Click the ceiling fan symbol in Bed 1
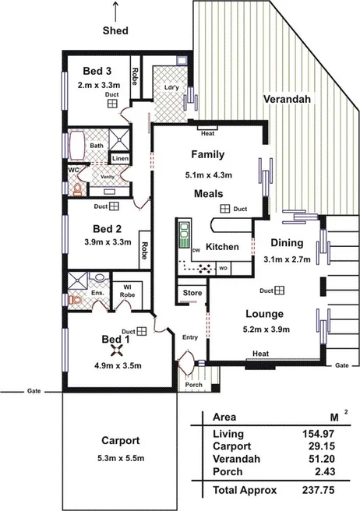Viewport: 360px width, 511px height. pos(116,351)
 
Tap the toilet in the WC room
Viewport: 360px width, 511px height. pos(78,189)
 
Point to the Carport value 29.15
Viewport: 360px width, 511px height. pos(322,446)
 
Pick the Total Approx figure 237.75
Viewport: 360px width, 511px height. pos(318,490)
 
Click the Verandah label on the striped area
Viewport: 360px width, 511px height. pos(287,99)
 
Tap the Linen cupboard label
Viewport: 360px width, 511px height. pos(120,159)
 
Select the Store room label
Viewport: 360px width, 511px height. pos(192,293)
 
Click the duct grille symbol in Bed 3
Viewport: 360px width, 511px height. pos(112,104)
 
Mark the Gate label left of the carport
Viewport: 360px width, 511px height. pos(34,391)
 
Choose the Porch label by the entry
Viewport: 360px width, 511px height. pos(194,385)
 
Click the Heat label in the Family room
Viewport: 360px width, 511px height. pos(208,133)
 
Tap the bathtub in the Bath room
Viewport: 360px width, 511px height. pos(77,146)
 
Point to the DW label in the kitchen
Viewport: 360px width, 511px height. pos(196,251)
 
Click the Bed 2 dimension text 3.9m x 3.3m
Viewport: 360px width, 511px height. pos(108,242)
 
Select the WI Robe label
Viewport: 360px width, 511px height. pos(127,291)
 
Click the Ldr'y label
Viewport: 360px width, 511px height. pos(171,88)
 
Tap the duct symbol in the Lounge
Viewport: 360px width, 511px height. pos(280,291)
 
